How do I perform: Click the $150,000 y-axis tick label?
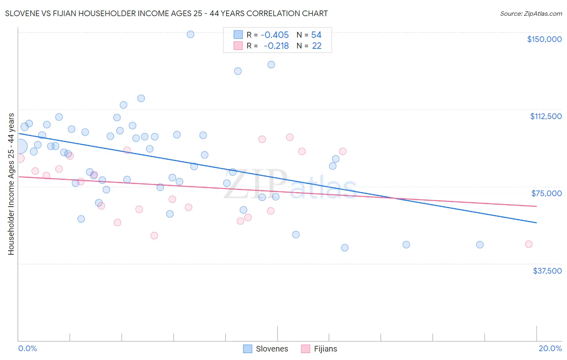pos(544,39)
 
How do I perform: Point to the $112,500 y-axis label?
pos(546,116)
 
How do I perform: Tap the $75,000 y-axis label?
pos(546,193)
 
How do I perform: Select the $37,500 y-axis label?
pos(547,271)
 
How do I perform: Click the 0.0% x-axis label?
pos(27,349)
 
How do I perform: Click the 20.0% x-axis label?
pos(550,349)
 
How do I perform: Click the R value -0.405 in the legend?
pos(275,35)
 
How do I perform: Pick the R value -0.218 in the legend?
pos(276,46)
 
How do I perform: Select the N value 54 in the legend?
pos(316,35)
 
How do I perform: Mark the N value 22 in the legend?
pos(317,46)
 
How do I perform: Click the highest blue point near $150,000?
pos(190,34)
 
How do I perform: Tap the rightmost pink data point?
pos(529,244)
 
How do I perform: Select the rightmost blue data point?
pos(479,245)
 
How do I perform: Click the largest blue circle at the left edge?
pos(20,147)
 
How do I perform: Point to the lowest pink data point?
pos(154,236)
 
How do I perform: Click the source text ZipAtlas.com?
pos(531,14)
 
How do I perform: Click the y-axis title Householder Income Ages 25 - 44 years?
pos(11,184)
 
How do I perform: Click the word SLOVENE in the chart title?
pos(21,14)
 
